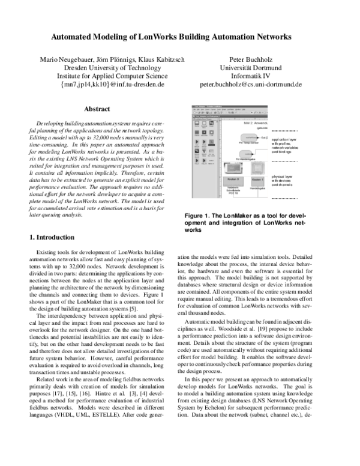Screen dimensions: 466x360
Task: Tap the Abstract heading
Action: [x=97, y=109]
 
